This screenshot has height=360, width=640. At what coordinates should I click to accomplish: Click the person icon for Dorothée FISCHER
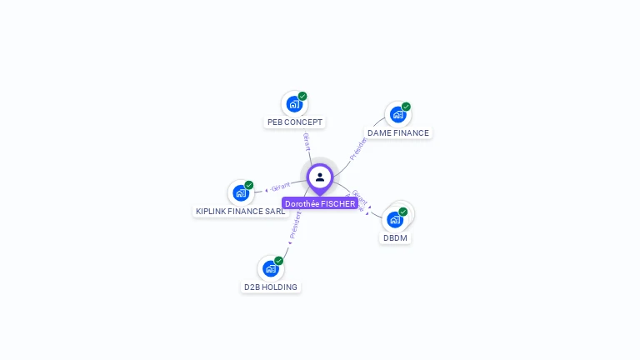[x=320, y=177]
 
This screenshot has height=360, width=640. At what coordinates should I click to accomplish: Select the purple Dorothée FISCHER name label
[x=320, y=203]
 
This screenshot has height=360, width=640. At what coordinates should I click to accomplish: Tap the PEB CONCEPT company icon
[x=293, y=104]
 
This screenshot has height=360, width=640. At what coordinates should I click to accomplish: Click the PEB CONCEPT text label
[x=294, y=122]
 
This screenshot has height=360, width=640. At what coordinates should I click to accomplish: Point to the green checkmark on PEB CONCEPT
[x=302, y=96]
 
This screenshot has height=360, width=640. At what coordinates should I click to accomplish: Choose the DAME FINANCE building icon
[x=397, y=114]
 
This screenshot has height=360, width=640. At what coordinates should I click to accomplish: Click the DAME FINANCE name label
[x=398, y=132]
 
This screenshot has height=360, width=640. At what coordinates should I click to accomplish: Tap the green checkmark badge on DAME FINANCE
[x=406, y=107]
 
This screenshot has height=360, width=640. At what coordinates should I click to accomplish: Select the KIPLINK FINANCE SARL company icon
[x=240, y=192]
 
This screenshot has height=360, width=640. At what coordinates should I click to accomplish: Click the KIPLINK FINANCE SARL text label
[x=240, y=211]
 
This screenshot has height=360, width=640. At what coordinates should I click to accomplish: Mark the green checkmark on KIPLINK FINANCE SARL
[x=248, y=185]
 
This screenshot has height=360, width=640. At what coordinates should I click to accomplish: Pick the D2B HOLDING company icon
[x=270, y=268]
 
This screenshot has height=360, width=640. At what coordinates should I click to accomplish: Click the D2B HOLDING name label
[x=270, y=287]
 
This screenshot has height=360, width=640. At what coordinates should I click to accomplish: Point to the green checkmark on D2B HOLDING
[x=278, y=261]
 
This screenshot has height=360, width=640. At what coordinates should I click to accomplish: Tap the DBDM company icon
[x=395, y=220]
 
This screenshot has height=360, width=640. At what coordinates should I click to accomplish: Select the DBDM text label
[x=395, y=237]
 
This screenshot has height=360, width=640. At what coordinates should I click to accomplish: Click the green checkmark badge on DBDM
[x=403, y=212]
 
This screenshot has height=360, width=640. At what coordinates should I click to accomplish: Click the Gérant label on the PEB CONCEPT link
[x=307, y=141]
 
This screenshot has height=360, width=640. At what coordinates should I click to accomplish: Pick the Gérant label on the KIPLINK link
[x=280, y=187]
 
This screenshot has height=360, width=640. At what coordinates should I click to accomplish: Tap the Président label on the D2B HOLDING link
[x=294, y=225]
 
